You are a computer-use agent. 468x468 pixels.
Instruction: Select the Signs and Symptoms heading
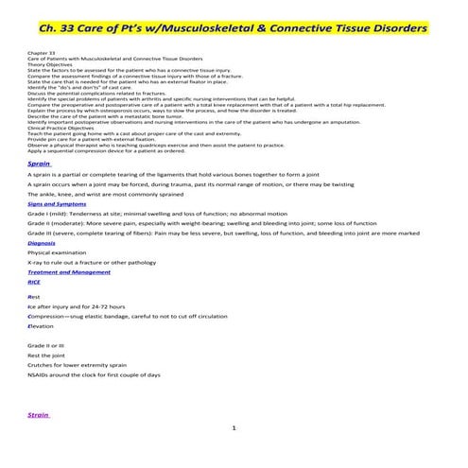click(x=53, y=203)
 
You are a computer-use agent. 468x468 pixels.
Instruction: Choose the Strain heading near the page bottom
click(x=39, y=414)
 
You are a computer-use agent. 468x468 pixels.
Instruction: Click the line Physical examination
click(x=55, y=252)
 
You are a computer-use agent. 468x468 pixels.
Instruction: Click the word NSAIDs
click(x=40, y=375)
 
